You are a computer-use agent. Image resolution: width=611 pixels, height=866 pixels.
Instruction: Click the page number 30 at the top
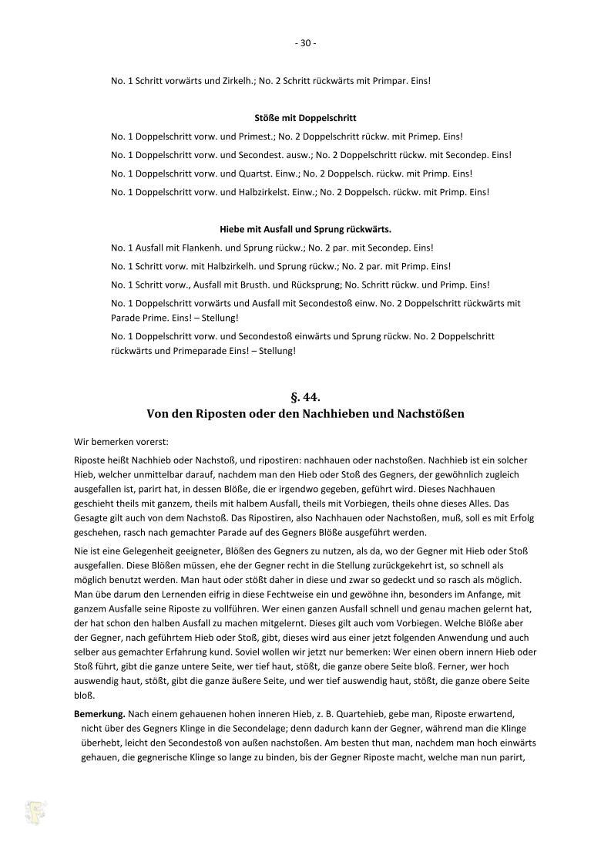(305, 43)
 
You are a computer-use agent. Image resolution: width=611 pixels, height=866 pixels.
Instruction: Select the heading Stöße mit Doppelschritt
(305, 118)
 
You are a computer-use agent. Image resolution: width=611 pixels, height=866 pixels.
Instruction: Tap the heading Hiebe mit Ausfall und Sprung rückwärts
(305, 229)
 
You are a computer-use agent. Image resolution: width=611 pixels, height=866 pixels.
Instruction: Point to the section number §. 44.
(305, 397)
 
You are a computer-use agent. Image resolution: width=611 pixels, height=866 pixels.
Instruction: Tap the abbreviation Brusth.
(268, 285)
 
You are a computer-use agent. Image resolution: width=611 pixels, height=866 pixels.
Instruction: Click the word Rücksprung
(316, 285)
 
